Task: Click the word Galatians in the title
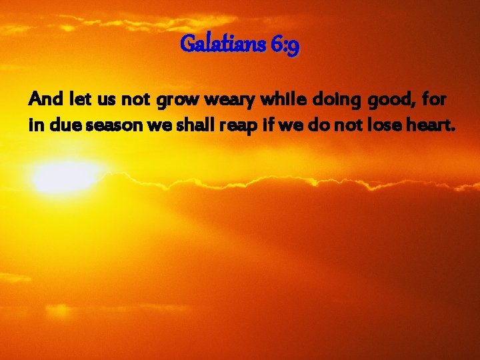point(223,45)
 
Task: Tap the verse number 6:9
point(285,45)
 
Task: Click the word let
point(80,101)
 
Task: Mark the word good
point(377,101)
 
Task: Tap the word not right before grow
point(137,101)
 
